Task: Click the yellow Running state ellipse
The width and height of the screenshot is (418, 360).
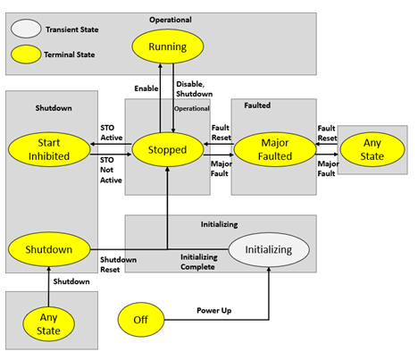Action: tap(168, 46)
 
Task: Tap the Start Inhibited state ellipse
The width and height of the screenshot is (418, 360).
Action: tap(49, 148)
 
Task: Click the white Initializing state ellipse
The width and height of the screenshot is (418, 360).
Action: tap(268, 249)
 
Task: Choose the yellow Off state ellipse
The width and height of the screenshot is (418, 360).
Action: tap(139, 319)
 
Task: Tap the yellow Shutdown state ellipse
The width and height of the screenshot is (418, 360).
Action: tap(48, 248)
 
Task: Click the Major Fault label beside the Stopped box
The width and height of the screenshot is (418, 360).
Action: tap(221, 168)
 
